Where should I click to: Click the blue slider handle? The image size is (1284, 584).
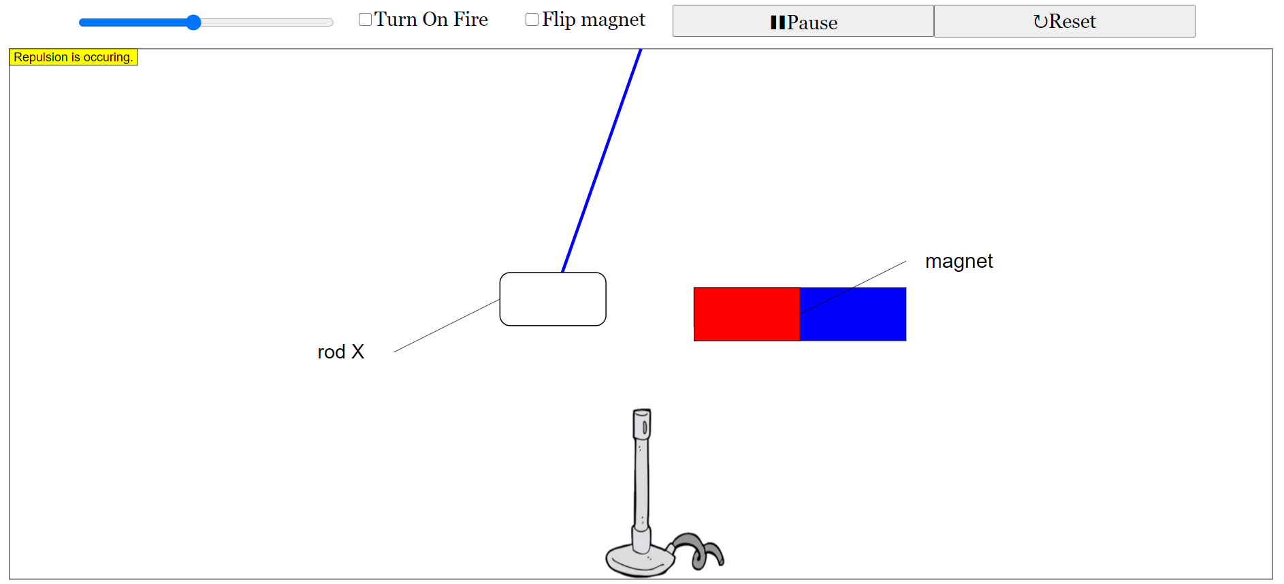193,22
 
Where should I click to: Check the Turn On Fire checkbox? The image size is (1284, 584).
366,19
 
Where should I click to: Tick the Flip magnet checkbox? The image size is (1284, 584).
532,19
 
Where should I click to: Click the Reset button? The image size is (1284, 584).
1064,21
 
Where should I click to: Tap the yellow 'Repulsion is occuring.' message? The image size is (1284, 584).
73,57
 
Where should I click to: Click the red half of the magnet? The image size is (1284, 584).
746,314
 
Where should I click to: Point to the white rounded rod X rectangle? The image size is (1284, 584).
553,299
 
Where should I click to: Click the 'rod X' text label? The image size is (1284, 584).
340,352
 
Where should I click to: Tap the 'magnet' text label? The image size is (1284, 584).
959,261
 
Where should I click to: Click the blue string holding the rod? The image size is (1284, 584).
602,161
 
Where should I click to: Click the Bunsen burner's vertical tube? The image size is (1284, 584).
641,484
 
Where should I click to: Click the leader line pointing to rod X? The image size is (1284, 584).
447,326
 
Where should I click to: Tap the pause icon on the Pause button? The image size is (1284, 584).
777,22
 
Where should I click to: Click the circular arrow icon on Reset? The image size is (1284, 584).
1040,22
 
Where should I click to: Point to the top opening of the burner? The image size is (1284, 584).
642,413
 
